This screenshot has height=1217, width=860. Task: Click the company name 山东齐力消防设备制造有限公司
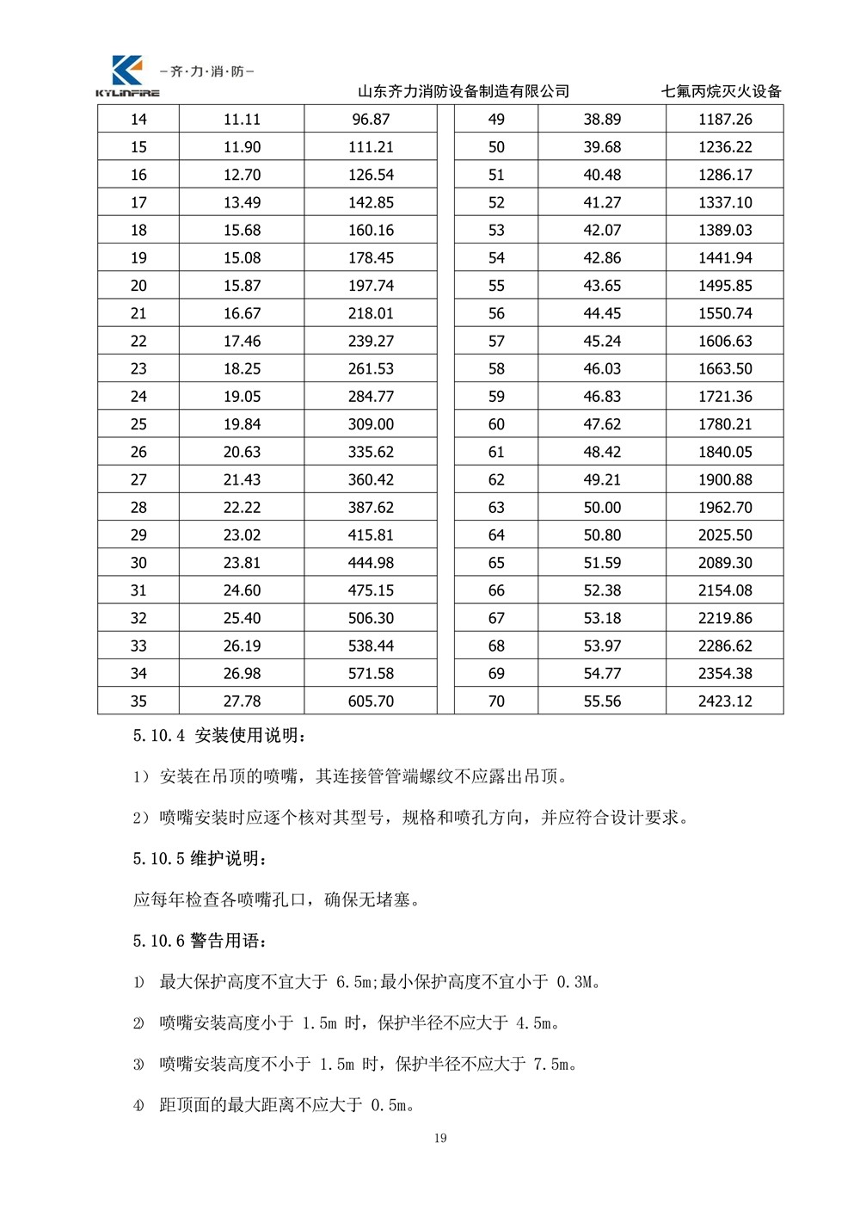[x=463, y=91]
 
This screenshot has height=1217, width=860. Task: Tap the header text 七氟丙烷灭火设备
[x=721, y=91]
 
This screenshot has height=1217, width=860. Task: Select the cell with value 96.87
[x=371, y=120]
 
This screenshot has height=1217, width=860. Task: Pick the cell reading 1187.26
[x=725, y=120]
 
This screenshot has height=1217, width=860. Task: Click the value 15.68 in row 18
[x=242, y=231]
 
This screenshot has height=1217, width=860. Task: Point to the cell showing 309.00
[x=371, y=424]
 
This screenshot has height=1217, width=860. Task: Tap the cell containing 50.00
[x=602, y=508]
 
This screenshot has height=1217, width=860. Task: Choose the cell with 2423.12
[x=725, y=701]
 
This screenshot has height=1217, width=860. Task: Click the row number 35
[x=138, y=701]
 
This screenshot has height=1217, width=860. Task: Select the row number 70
[x=496, y=701]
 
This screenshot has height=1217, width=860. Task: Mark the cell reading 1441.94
[x=725, y=258]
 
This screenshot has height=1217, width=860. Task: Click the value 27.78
[x=242, y=701]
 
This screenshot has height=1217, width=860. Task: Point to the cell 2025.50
[x=725, y=535]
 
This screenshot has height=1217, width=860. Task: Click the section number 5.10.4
[x=159, y=736]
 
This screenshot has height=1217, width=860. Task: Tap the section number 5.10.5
[x=159, y=859]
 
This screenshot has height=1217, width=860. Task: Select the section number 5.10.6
[x=159, y=941]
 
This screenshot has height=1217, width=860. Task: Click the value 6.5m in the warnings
[x=353, y=982]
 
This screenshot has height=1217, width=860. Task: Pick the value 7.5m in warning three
[x=550, y=1065]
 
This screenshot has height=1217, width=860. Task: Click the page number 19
[x=440, y=1139]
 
